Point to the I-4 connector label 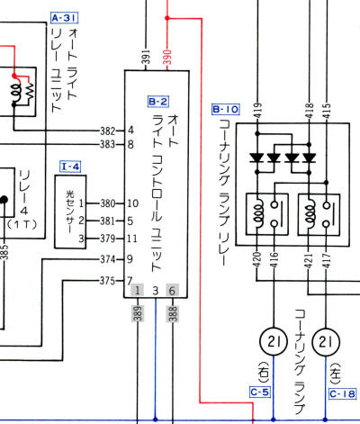pos(71,166)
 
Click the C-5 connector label pos(259,392)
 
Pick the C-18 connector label pos(343,393)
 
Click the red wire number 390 pos(167,56)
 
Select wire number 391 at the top pos(146,56)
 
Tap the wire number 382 pos(109,130)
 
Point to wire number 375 pos(109,279)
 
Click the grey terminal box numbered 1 pos(137,291)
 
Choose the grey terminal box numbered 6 pos(173,291)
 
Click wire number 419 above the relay pos(257,112)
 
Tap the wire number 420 pos(257,263)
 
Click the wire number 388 pos(173,312)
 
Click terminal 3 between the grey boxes pos(155,291)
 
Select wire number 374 pos(109,259)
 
